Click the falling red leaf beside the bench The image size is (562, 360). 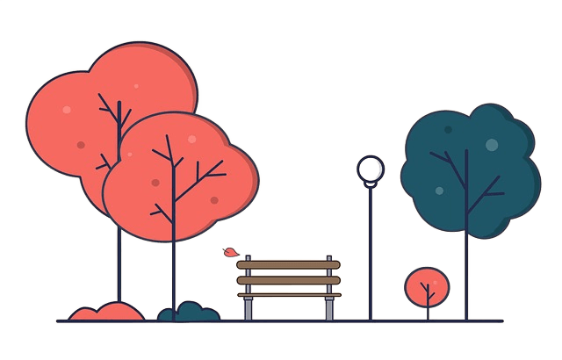point(231,253)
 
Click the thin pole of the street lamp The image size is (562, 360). point(371,255)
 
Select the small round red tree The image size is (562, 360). point(427,285)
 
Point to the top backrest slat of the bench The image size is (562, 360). point(286,263)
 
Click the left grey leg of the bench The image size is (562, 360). point(249,308)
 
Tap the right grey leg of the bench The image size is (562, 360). point(329,308)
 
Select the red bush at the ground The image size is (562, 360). point(106,311)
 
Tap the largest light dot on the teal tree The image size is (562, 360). point(492,145)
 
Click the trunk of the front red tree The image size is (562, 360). point(174,272)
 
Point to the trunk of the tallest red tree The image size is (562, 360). point(117,263)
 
